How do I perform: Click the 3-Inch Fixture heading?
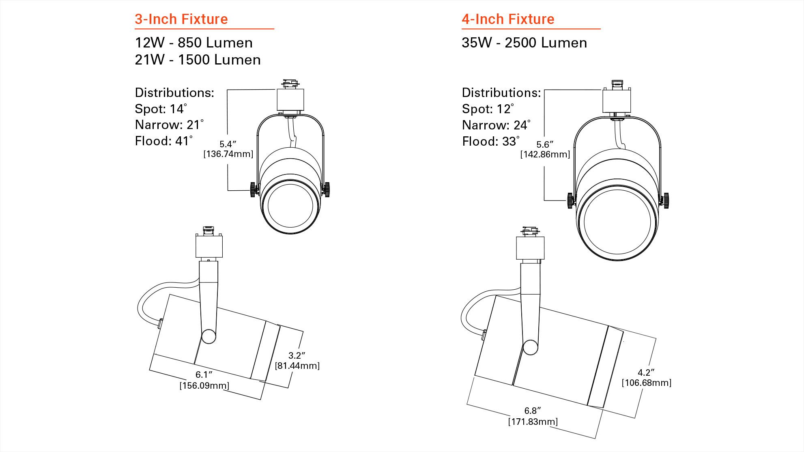181,19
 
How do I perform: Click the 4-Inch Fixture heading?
507,19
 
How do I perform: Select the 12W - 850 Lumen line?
193,43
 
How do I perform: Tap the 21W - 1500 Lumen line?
198,60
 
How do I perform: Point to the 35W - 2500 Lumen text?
524,43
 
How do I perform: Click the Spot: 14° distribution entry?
161,109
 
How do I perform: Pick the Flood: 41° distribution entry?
163,141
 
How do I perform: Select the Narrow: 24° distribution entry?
496,125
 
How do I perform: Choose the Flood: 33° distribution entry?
490,141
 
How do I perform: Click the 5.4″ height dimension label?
228,144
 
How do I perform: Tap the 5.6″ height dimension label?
545,144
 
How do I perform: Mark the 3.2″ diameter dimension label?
297,355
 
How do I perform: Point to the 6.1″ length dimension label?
204,375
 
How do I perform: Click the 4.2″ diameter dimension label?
646,372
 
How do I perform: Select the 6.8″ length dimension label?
532,411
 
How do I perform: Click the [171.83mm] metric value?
533,422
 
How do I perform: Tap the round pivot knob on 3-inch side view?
209,336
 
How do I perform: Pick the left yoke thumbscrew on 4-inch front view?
571,200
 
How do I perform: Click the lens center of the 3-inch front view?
290,206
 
